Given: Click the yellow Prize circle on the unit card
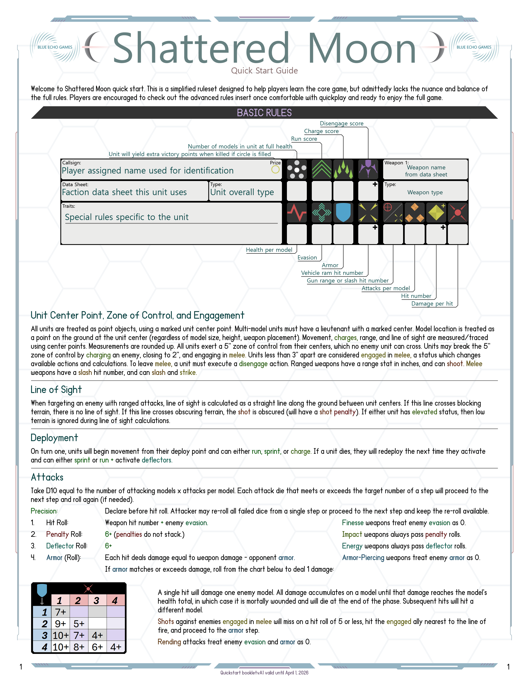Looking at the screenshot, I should click(275, 169).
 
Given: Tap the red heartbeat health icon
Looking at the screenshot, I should click(296, 213).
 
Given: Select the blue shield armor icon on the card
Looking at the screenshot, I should click(343, 213).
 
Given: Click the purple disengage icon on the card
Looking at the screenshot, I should click(368, 169).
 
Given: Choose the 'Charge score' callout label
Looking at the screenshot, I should click(321, 131).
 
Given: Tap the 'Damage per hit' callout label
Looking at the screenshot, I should click(432, 304).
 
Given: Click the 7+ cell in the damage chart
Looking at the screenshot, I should click(61, 612).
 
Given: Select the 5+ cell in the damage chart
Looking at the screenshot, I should click(79, 624).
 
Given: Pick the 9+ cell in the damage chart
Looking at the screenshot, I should click(61, 624).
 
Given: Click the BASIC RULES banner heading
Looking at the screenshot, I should click(264, 113).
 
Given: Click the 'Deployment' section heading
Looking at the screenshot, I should click(54, 438).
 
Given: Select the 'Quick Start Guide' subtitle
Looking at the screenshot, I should click(264, 71).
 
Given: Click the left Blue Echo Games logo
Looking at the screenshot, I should click(55, 47).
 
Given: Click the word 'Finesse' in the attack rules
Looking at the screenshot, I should click(353, 523).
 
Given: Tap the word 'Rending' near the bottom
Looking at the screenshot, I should click(169, 642).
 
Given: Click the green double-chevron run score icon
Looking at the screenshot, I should click(322, 169).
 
